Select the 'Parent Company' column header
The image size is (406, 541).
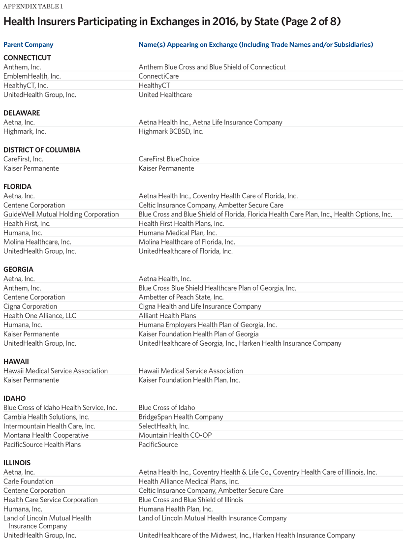(28, 45)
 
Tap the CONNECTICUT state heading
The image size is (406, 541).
(27, 58)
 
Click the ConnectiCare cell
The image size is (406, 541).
(158, 76)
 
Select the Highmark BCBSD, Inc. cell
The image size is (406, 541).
(171, 131)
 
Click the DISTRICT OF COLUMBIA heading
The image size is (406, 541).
(42, 150)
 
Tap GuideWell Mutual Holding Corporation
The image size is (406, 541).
(61, 214)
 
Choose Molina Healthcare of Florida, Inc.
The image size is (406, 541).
(187, 242)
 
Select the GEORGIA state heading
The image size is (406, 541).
(18, 270)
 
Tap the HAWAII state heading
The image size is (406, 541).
(16, 361)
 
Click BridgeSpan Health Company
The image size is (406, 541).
(181, 417)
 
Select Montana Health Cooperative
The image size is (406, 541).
(46, 435)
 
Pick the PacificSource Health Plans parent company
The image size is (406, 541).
(42, 445)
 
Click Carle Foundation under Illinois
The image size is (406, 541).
(28, 481)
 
